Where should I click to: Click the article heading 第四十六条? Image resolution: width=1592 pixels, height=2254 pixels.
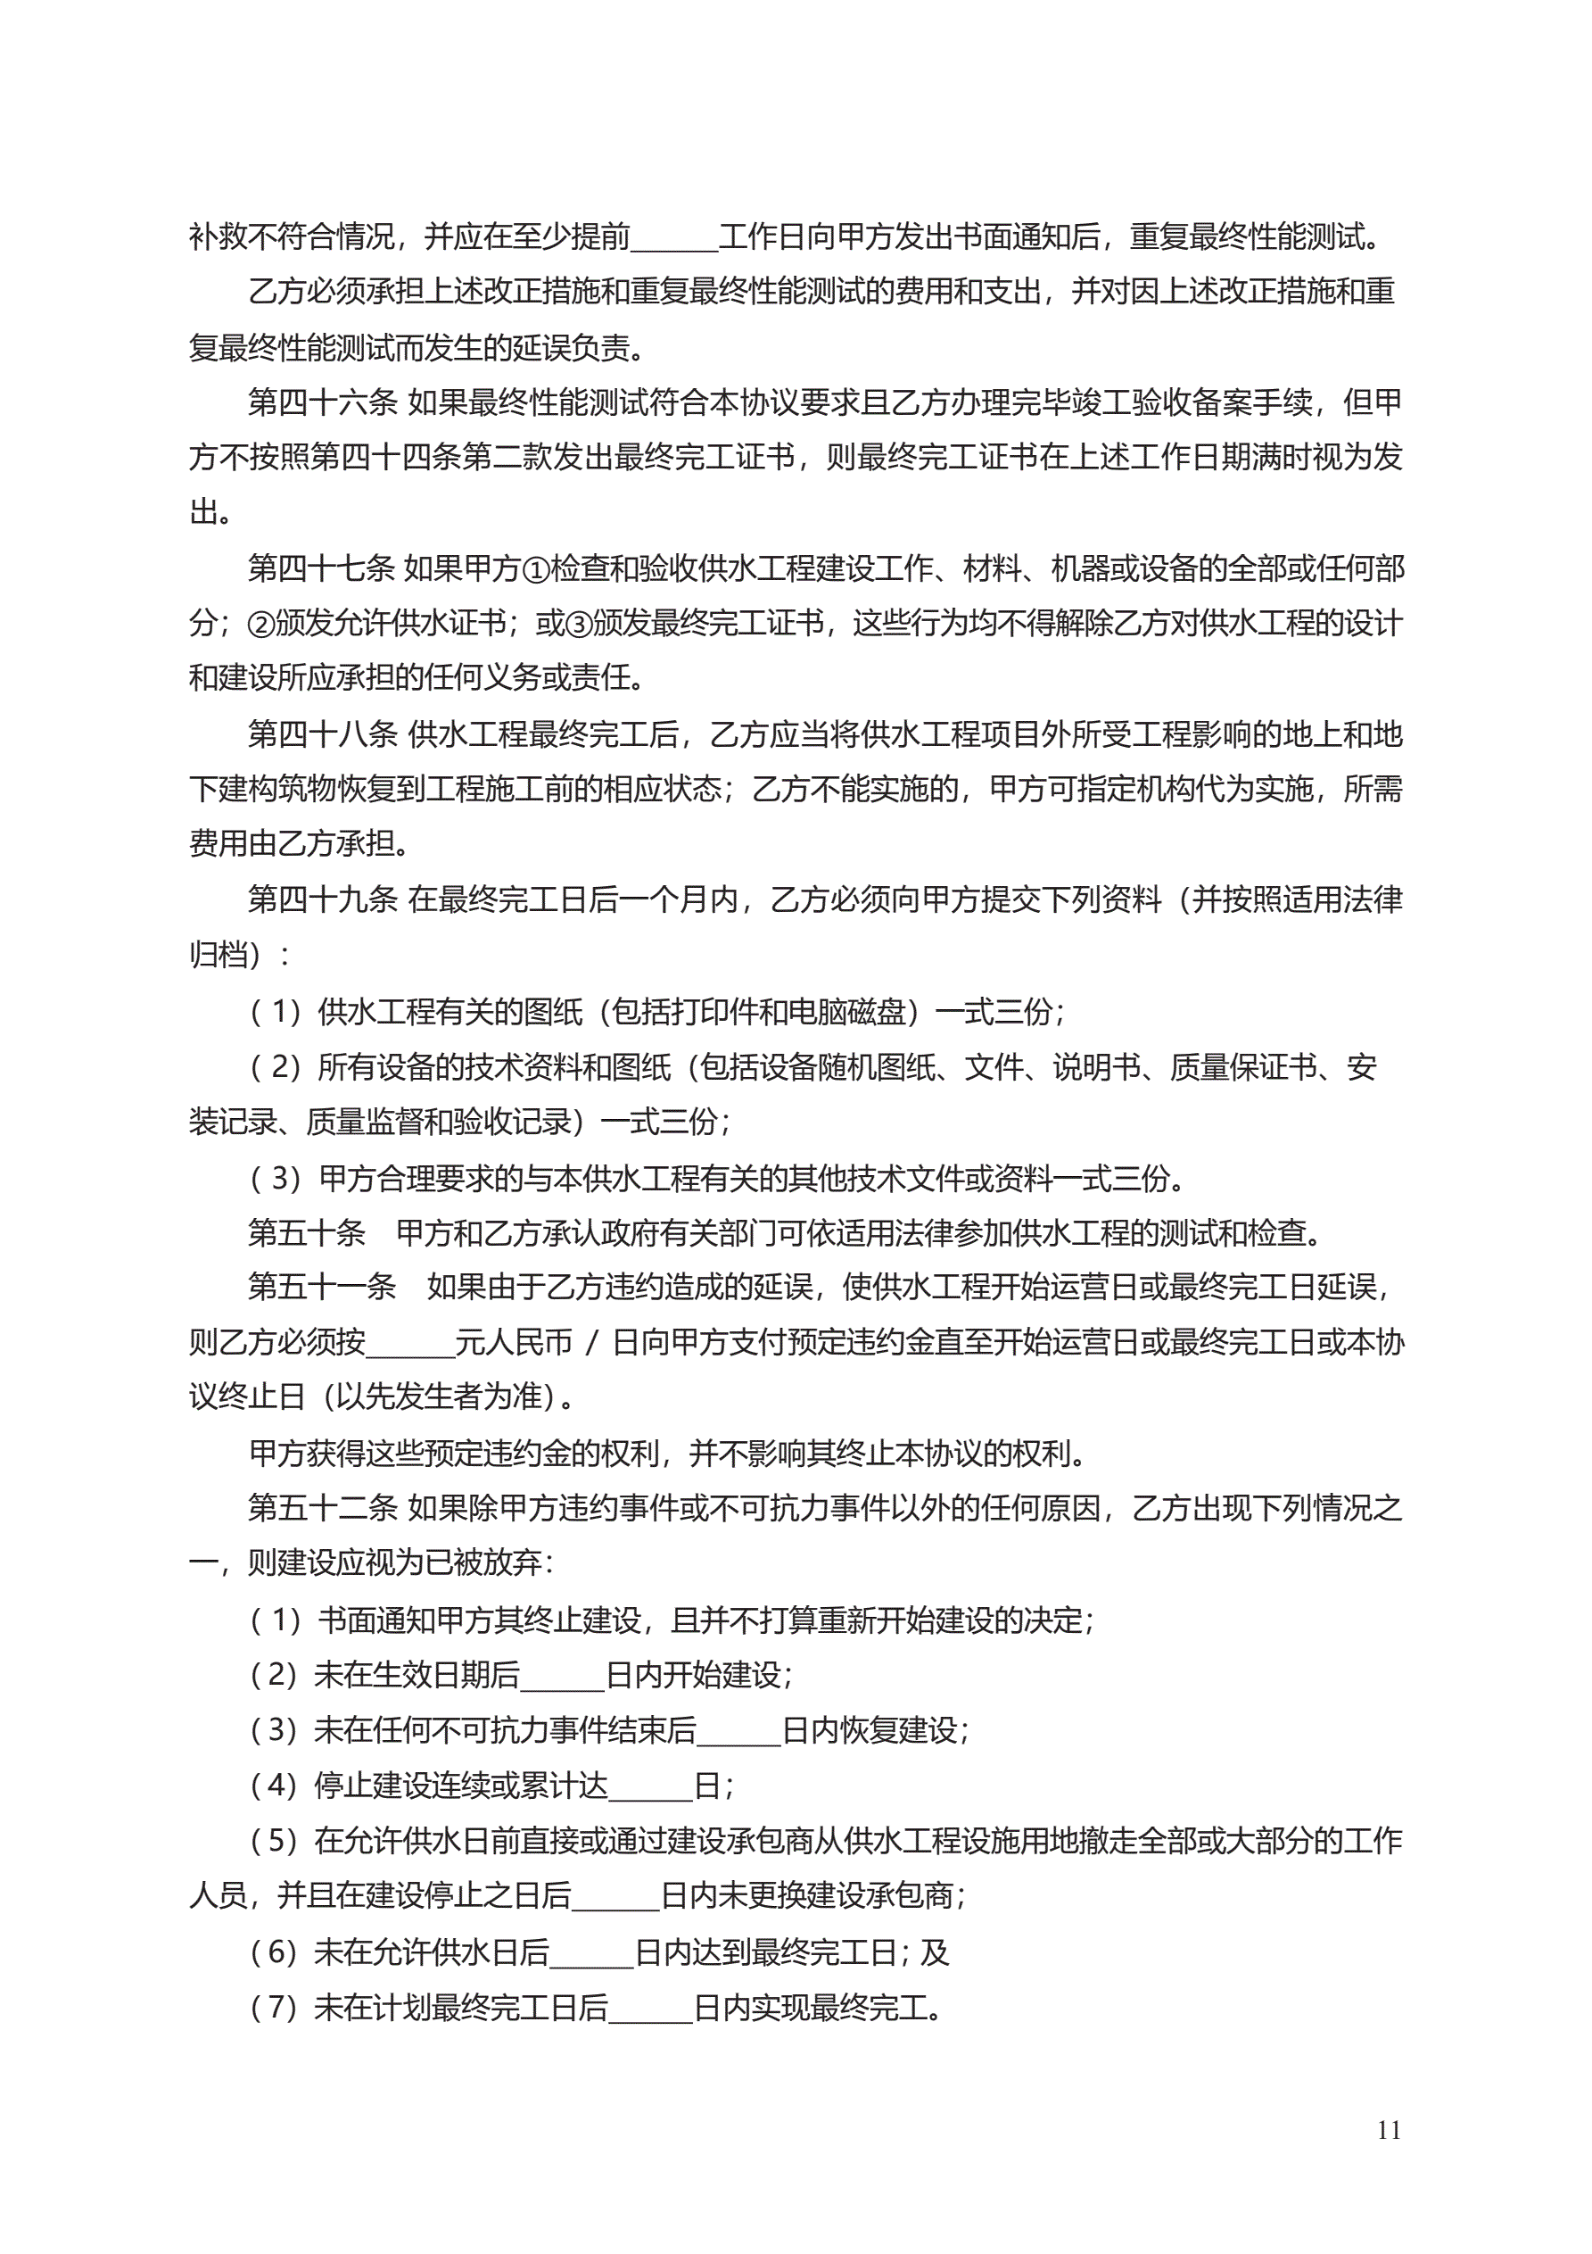pyautogui.click(x=321, y=402)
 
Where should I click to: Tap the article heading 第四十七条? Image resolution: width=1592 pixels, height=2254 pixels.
pyautogui.click(x=321, y=568)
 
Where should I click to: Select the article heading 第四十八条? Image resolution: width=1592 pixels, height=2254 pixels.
pyautogui.click(x=321, y=733)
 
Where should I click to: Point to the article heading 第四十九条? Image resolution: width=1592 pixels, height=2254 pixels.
pyautogui.click(x=321, y=899)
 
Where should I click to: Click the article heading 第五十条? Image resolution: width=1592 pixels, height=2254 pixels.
pyautogui.click(x=306, y=1232)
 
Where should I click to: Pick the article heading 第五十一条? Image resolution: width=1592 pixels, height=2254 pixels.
pyautogui.click(x=321, y=1287)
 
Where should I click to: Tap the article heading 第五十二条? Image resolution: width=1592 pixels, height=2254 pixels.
pyautogui.click(x=321, y=1508)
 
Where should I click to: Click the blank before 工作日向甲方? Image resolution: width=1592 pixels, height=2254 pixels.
pyautogui.click(x=674, y=237)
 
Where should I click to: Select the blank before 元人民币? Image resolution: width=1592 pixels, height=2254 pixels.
pyautogui.click(x=409, y=1343)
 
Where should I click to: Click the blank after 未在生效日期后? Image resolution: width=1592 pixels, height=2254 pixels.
pyautogui.click(x=563, y=1675)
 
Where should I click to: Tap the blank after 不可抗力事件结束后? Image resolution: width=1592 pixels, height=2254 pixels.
pyautogui.click(x=738, y=1730)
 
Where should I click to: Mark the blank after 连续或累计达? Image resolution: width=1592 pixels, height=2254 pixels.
pyautogui.click(x=651, y=1786)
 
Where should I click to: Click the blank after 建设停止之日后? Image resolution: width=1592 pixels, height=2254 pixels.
pyautogui.click(x=615, y=1895)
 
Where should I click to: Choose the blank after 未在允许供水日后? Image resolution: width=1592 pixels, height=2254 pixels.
pyautogui.click(x=592, y=1952)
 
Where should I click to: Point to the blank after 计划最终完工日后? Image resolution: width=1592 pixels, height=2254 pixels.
pyautogui.click(x=651, y=2008)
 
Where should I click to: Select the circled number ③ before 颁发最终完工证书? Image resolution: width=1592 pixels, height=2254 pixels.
pyautogui.click(x=579, y=624)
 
